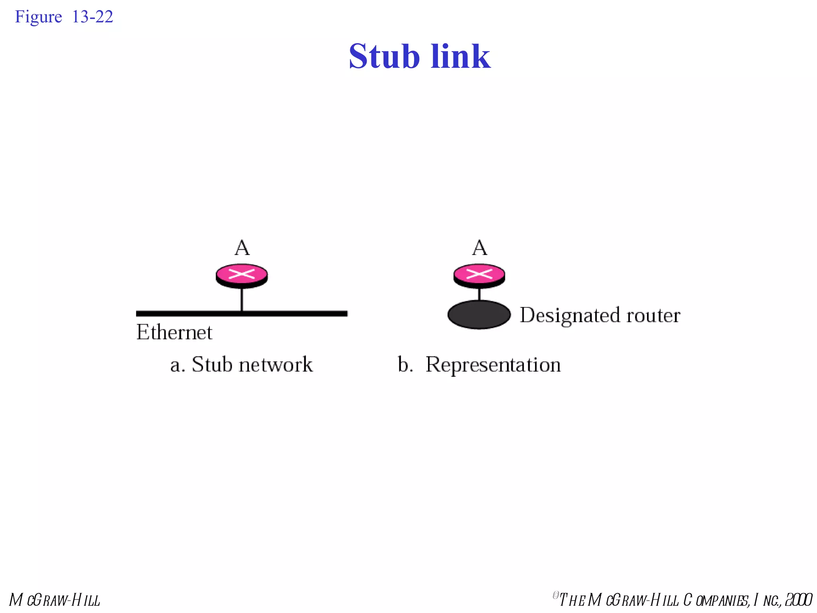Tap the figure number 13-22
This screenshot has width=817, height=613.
(x=93, y=17)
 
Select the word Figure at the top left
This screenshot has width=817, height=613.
(x=38, y=17)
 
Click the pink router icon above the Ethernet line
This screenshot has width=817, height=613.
(x=242, y=275)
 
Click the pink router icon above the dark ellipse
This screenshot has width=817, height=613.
(x=479, y=275)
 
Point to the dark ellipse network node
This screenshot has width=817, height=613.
(x=479, y=314)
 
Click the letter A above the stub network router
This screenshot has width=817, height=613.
(x=242, y=248)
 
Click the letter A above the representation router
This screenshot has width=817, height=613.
(x=480, y=248)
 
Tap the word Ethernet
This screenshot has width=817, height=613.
(x=174, y=332)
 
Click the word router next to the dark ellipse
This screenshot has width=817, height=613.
(x=653, y=315)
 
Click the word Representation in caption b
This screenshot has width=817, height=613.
(x=493, y=364)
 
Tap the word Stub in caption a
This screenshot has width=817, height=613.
(x=212, y=364)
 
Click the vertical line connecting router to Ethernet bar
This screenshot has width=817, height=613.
(x=242, y=299)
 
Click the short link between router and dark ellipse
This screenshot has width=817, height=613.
(x=479, y=294)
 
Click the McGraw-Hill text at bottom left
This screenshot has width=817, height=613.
(x=55, y=600)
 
